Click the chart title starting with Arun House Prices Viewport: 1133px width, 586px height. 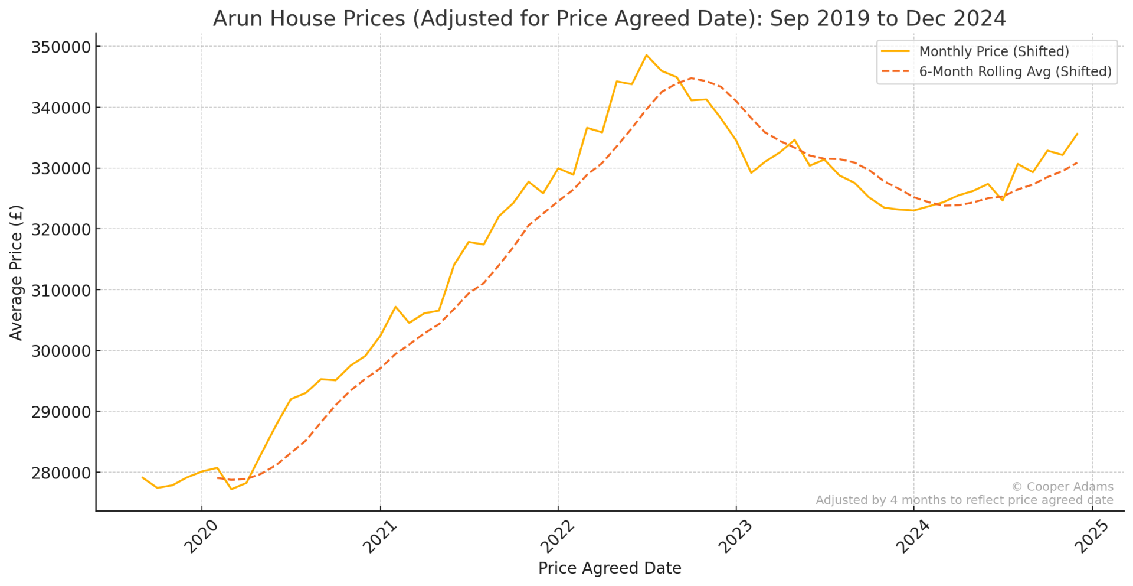[x=609, y=19]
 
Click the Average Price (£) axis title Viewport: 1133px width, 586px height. [x=17, y=272]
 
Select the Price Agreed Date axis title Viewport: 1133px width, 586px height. [x=610, y=568]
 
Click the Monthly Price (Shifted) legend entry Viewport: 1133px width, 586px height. [x=994, y=52]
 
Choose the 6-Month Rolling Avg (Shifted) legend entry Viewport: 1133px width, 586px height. [x=1015, y=72]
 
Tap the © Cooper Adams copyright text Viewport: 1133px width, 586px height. [x=1062, y=487]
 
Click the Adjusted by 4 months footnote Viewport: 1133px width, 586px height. [x=964, y=500]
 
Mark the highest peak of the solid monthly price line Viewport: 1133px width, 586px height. [x=646, y=55]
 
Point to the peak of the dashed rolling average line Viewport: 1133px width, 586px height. [x=691, y=78]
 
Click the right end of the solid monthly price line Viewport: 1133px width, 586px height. [x=1078, y=134]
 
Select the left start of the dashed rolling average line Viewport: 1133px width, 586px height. [x=217, y=477]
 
